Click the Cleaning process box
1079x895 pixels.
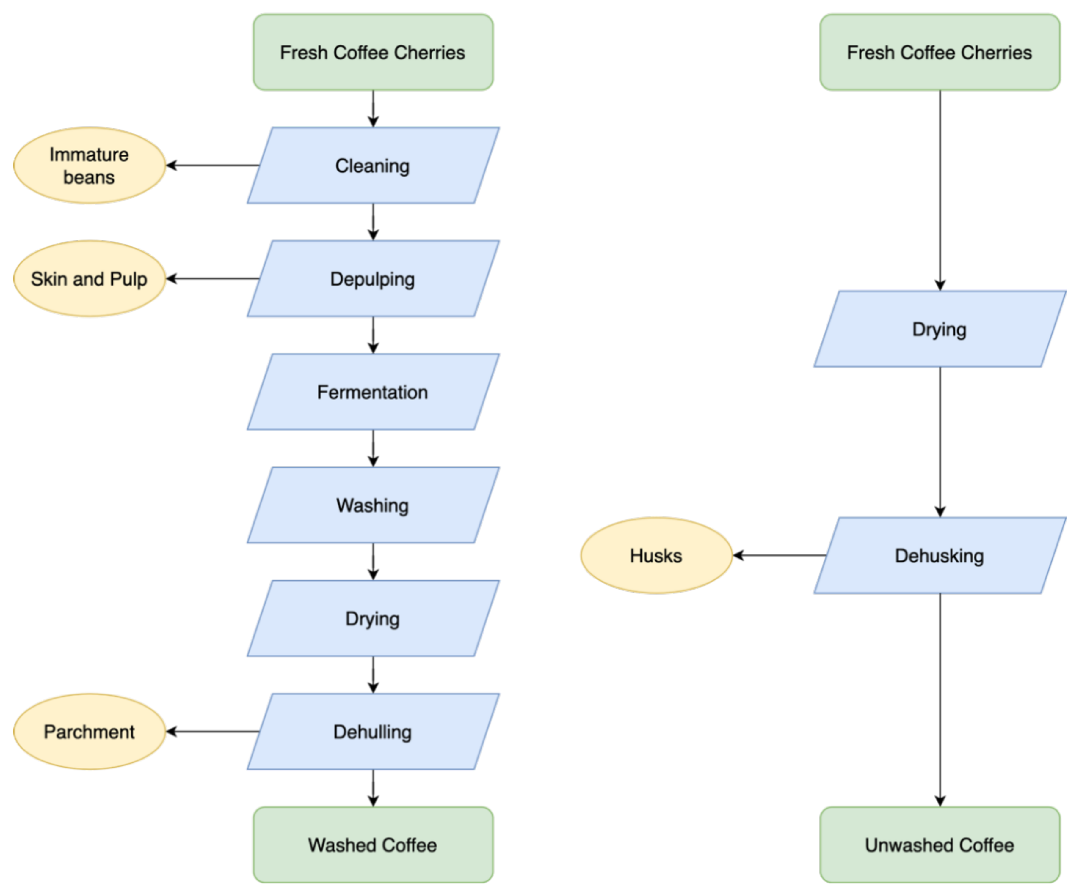(x=373, y=165)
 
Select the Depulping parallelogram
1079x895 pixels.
(x=373, y=279)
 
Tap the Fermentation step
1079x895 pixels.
(x=373, y=392)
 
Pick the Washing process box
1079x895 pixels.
(x=373, y=505)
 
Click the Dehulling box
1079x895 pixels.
(x=373, y=732)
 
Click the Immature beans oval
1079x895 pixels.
(x=90, y=165)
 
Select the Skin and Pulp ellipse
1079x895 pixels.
(x=90, y=279)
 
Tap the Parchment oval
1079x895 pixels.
(x=90, y=732)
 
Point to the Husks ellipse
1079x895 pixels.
(x=656, y=556)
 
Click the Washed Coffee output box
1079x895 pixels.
(x=373, y=845)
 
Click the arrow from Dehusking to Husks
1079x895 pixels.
(x=778, y=556)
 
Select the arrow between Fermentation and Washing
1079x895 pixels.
(x=374, y=448)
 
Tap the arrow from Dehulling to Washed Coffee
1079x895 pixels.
(x=374, y=788)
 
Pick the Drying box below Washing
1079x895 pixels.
(x=373, y=618)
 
